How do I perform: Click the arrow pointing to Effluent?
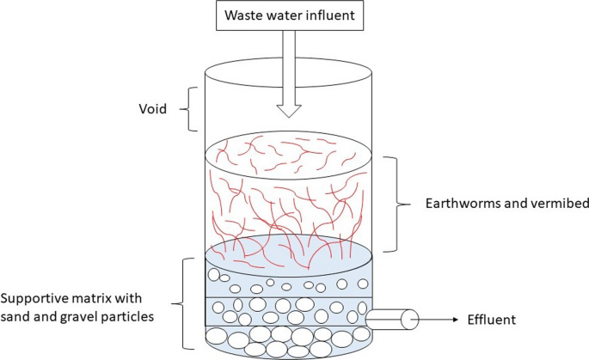point(439,319)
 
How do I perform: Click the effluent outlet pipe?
point(392,319)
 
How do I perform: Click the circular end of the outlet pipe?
point(412,319)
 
